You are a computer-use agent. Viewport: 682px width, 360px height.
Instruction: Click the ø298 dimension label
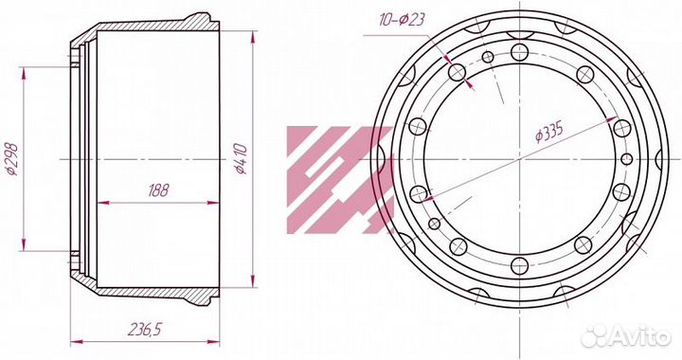12,159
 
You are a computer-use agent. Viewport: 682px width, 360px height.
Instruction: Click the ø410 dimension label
241,159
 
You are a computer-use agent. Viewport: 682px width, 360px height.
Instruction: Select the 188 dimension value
158,190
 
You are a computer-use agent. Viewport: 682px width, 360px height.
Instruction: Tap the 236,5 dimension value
145,330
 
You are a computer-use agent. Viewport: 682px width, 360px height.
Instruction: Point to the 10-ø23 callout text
401,20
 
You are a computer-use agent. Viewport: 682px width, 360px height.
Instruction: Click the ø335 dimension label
549,132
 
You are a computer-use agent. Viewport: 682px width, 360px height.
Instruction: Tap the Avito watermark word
639,336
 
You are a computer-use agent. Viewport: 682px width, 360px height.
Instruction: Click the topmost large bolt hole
520,52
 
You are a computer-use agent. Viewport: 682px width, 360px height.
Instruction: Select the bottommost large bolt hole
520,266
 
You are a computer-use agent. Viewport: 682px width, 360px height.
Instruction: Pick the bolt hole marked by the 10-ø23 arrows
457,72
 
